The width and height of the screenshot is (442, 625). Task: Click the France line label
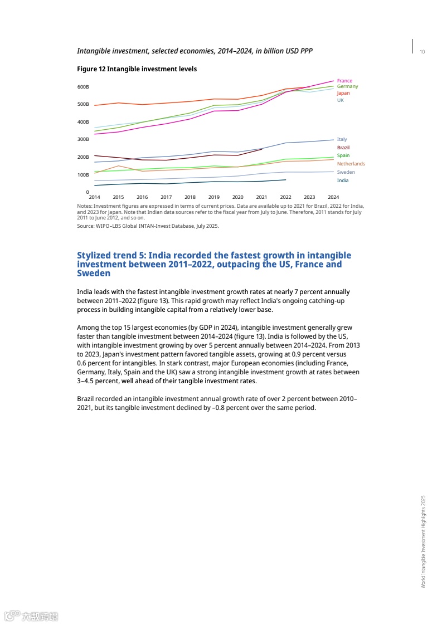click(344, 81)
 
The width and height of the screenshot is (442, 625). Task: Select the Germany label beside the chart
click(347, 86)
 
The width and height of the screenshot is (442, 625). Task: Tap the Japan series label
click(343, 93)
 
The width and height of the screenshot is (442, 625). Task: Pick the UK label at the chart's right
click(340, 100)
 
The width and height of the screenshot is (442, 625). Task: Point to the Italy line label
click(342, 139)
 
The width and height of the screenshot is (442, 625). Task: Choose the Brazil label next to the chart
click(343, 147)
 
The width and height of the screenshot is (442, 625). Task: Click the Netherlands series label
click(351, 164)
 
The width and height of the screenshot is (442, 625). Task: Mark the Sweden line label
click(346, 172)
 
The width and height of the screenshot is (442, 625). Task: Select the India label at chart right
click(342, 180)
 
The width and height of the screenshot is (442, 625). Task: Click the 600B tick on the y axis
click(83, 87)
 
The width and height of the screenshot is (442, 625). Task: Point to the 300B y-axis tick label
click(83, 139)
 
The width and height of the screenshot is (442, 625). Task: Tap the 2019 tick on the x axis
click(214, 197)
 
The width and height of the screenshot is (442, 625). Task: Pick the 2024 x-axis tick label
click(333, 197)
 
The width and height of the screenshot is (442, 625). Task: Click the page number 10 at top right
click(422, 52)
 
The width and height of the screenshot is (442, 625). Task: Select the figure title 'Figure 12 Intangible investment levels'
click(137, 69)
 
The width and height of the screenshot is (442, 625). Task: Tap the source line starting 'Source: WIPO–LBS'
click(148, 226)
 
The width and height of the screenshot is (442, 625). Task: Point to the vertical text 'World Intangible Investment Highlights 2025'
click(423, 541)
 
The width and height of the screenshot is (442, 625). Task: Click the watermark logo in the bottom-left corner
click(31, 616)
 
